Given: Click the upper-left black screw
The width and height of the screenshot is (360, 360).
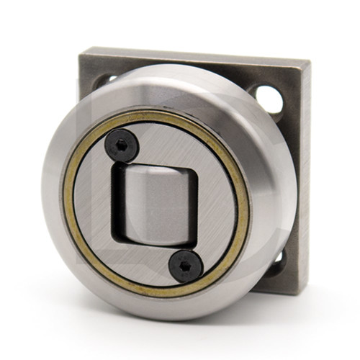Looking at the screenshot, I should (x=122, y=147).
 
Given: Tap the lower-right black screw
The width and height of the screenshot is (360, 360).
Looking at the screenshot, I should (x=186, y=266).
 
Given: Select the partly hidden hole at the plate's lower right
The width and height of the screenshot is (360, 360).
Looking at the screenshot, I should (x=277, y=259).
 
